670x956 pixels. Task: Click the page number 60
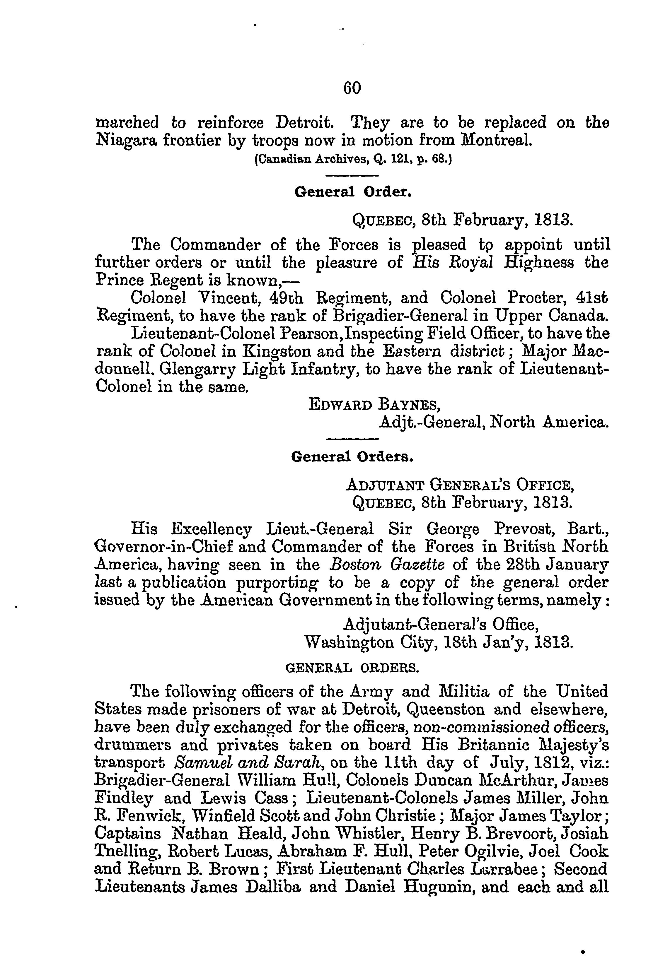pyautogui.click(x=352, y=88)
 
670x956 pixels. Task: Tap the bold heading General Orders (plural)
pyautogui.click(x=352, y=457)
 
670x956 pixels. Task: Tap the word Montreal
pyautogui.click(x=495, y=141)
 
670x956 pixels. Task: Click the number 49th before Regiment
pyautogui.click(x=287, y=298)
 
